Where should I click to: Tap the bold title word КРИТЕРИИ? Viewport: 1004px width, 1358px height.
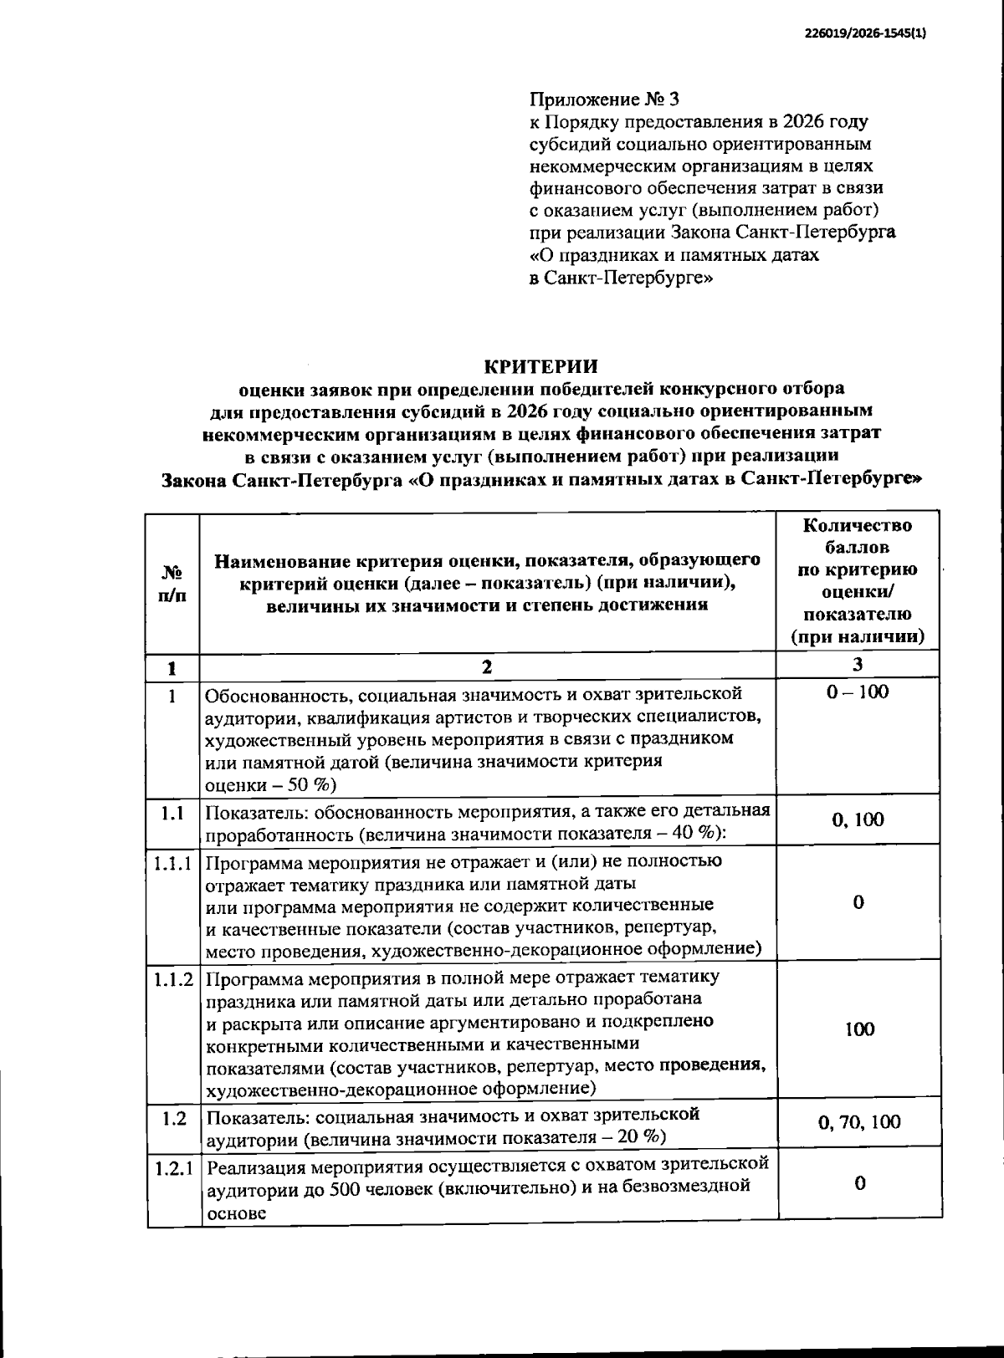pyautogui.click(x=541, y=365)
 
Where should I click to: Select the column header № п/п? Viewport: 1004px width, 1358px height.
pyautogui.click(x=172, y=584)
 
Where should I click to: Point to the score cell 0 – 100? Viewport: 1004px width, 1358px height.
pyautogui.click(x=857, y=692)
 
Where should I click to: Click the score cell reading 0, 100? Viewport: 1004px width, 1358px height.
pyautogui.click(x=857, y=819)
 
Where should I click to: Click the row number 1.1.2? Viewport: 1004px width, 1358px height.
pyautogui.click(x=173, y=978)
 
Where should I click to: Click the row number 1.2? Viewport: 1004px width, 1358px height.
pyautogui.click(x=173, y=1118)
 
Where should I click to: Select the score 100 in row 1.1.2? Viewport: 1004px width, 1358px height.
pyautogui.click(x=858, y=1029)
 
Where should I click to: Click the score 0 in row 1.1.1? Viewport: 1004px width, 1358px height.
pyautogui.click(x=858, y=902)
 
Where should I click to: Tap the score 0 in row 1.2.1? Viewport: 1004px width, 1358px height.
pyautogui.click(x=858, y=1182)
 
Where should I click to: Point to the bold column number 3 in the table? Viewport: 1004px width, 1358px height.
pyautogui.click(x=857, y=665)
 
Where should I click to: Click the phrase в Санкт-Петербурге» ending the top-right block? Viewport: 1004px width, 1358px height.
pyautogui.click(x=620, y=278)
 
